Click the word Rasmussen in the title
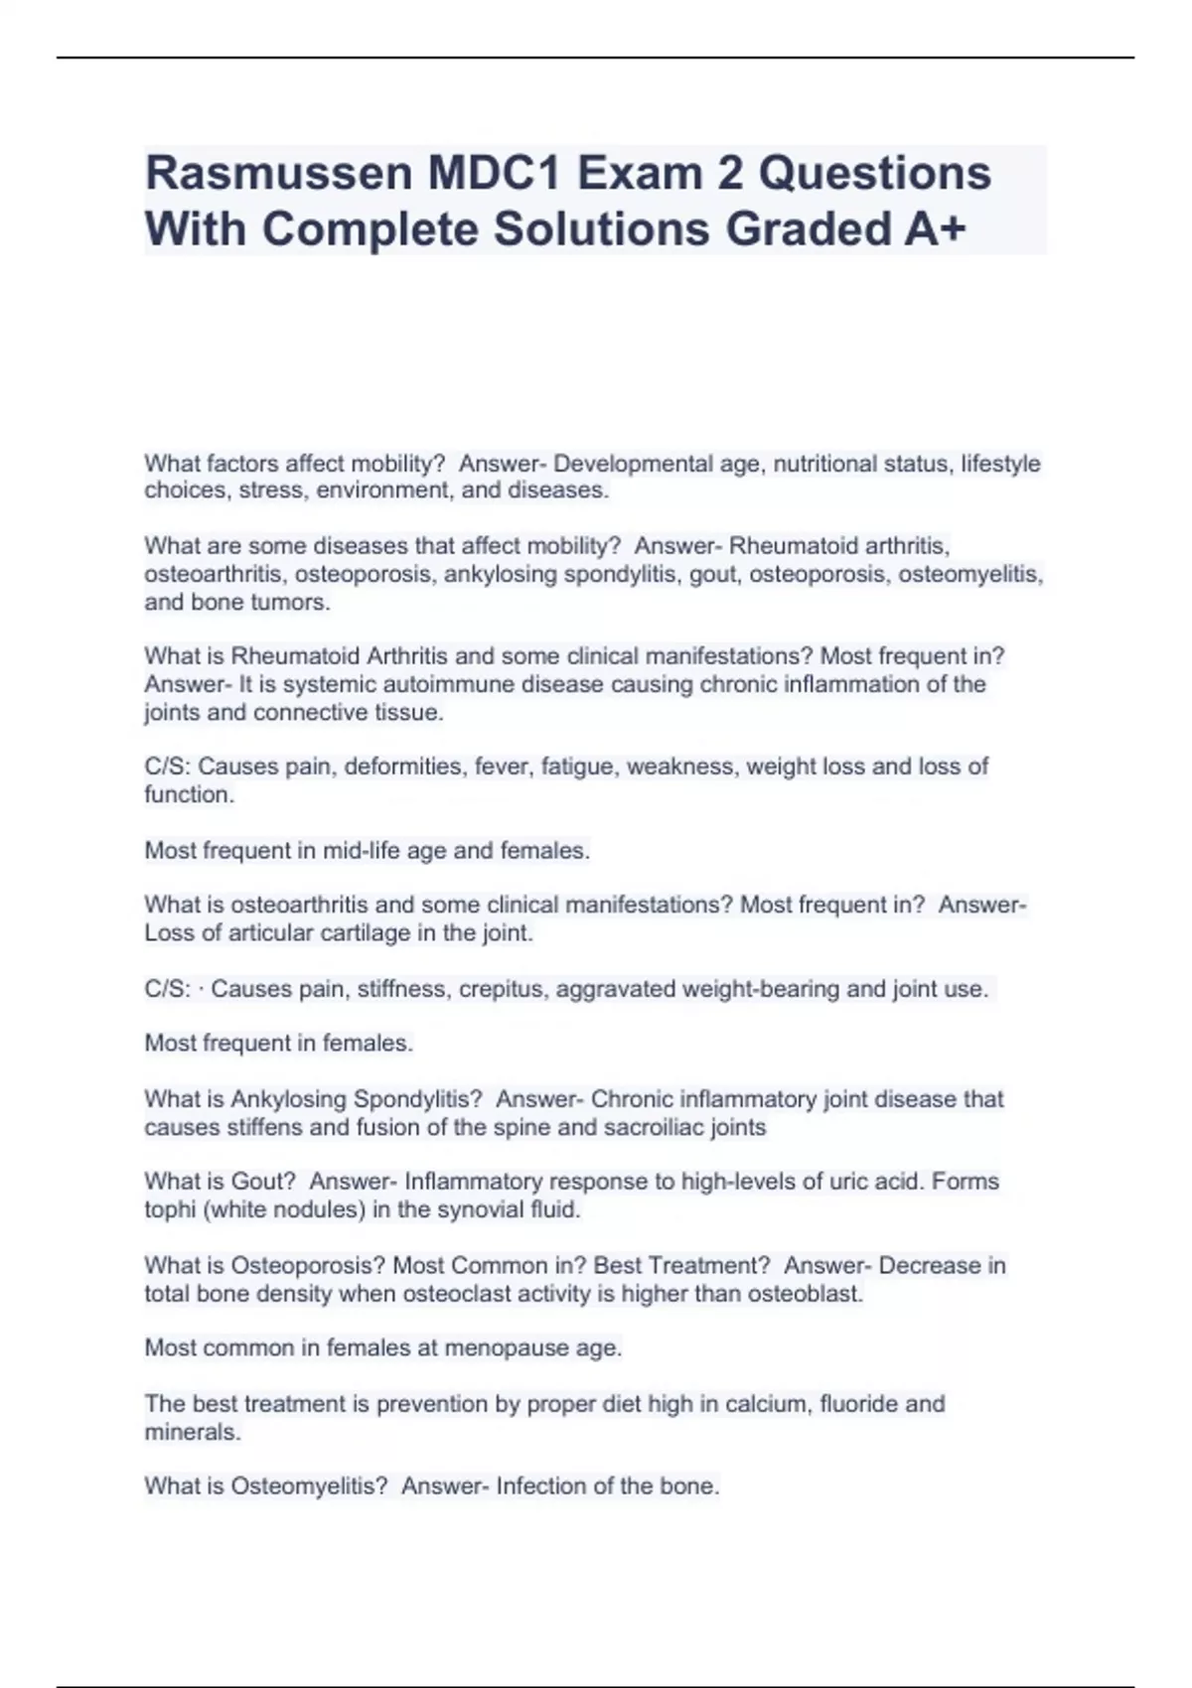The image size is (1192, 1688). tap(279, 173)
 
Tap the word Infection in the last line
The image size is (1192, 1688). tap(541, 1486)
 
